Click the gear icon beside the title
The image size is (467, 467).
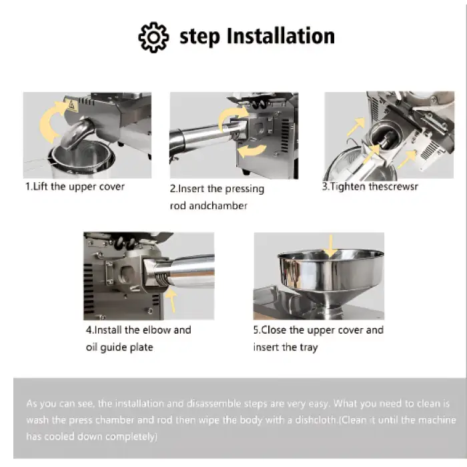[x=153, y=37]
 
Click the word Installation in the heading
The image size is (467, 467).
[x=280, y=36]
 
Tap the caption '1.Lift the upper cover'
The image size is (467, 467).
[x=75, y=186]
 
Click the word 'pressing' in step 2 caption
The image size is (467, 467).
[x=242, y=189]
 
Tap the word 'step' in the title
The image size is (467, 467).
[x=200, y=36]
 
